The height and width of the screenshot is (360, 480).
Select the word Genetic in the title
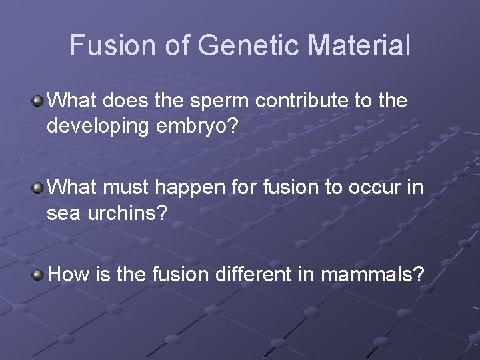click(x=227, y=45)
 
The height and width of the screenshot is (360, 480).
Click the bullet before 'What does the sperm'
click(x=39, y=101)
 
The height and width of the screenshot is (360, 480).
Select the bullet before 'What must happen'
click(x=39, y=187)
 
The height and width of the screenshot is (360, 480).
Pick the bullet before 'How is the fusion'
click(x=39, y=273)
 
